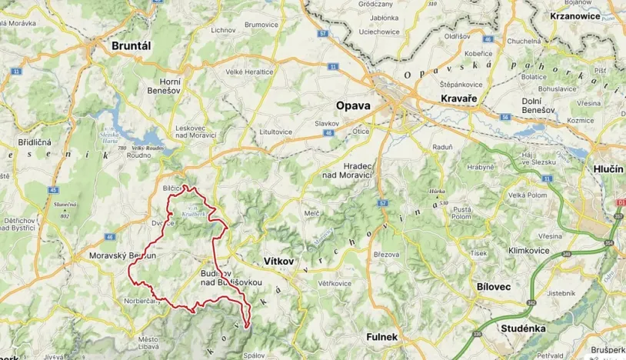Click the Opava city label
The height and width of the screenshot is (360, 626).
click(353, 105)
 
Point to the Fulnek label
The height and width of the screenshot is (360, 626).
click(381, 336)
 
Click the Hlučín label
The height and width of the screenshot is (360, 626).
click(608, 168)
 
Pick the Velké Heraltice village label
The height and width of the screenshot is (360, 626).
click(249, 72)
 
